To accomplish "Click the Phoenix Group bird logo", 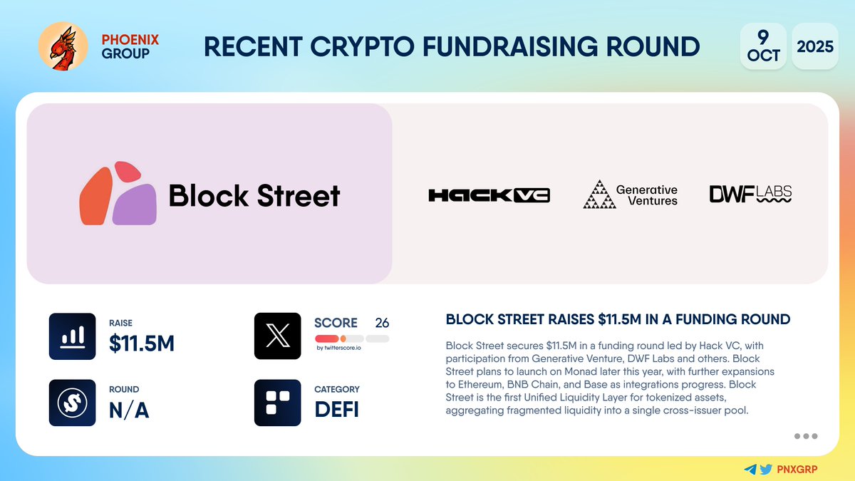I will click(x=63, y=46).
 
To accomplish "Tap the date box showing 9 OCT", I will click(x=763, y=46).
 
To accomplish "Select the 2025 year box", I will click(x=814, y=46).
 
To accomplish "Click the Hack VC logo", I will click(x=489, y=195).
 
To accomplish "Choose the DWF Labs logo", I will click(x=750, y=194).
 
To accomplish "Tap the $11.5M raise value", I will click(x=141, y=343).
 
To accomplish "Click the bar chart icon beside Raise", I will click(x=72, y=336).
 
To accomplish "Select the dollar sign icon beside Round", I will click(x=72, y=403).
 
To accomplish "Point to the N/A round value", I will click(x=128, y=410).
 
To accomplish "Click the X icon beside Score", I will click(x=277, y=336).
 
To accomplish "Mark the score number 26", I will click(x=382, y=323).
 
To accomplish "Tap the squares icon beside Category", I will click(x=277, y=403).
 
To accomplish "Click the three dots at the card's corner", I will click(x=805, y=436).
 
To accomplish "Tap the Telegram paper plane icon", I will click(x=750, y=469).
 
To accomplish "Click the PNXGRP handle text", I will click(x=798, y=469).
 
